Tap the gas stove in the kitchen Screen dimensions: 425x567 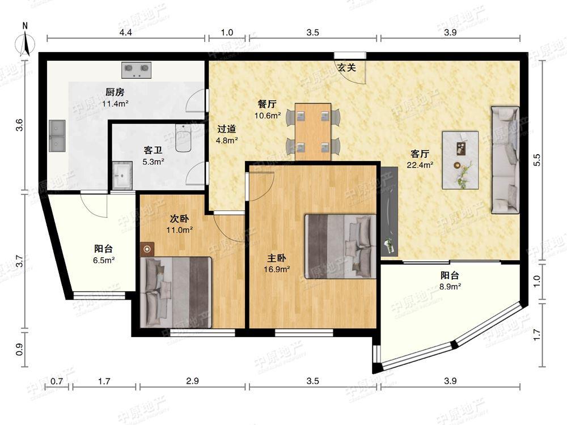click(137, 70)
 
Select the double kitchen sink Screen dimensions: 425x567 click(57, 137)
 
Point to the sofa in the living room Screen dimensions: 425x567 click(505, 160)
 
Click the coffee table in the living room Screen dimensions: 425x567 click(460, 160)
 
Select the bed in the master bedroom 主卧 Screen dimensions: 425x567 click(341, 246)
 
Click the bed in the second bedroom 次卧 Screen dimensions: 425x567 click(176, 292)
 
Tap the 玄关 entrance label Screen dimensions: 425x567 click(346, 67)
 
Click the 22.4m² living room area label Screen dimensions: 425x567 click(420, 165)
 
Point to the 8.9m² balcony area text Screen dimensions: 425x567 click(450, 286)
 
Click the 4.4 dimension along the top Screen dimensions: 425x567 click(125, 33)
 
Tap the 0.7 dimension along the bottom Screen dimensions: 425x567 click(57, 381)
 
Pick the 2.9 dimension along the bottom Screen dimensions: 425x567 click(192, 381)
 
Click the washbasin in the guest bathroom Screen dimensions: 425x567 click(122, 175)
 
